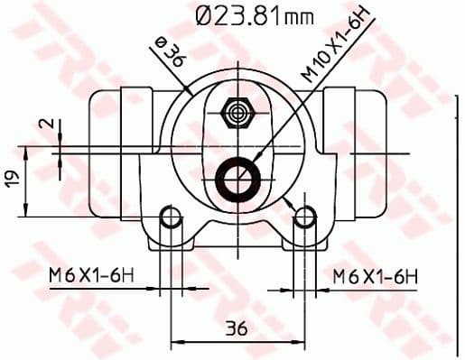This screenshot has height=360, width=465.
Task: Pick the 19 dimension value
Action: pos(10,179)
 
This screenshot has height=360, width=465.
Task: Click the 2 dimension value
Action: pos(51,125)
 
